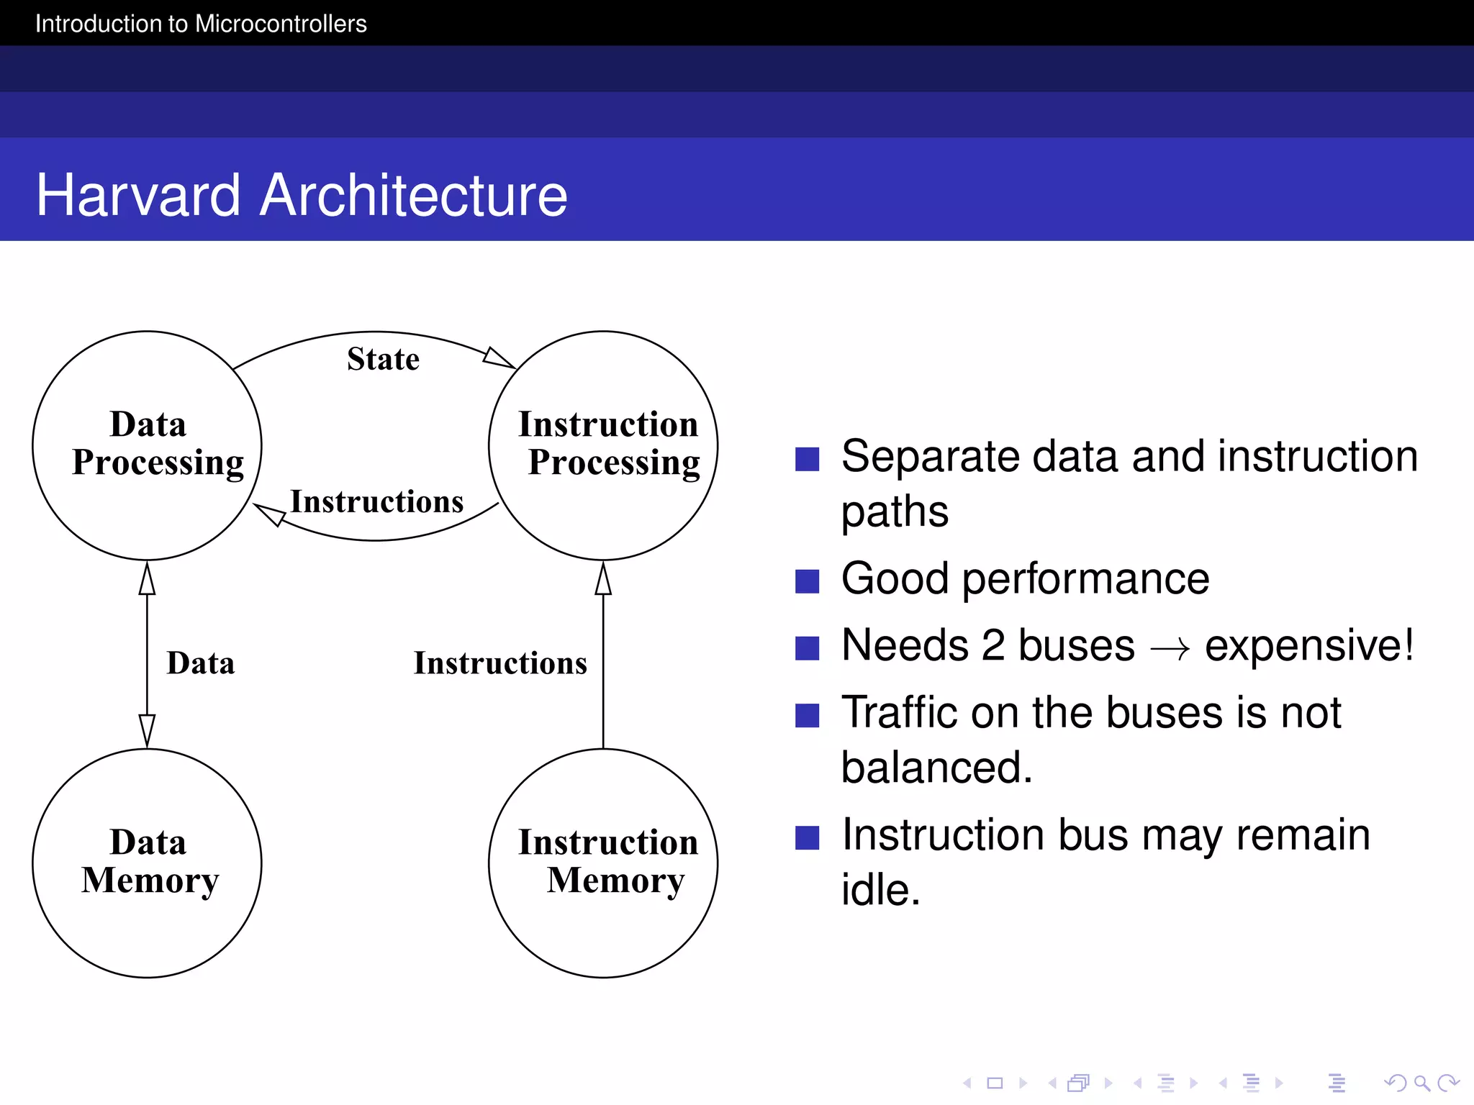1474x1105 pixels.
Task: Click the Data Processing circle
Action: pyautogui.click(x=148, y=445)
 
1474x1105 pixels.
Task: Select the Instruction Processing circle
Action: pyautogui.click(x=603, y=445)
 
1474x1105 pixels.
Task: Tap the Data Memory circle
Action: pyautogui.click(x=148, y=863)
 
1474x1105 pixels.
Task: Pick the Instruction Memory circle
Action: pyautogui.click(x=603, y=863)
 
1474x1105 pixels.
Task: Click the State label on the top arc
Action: pyautogui.click(x=383, y=359)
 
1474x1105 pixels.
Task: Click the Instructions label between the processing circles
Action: pyautogui.click(x=376, y=501)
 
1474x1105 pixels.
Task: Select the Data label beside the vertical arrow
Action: pyautogui.click(x=200, y=663)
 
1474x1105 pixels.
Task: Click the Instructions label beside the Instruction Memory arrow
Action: pyautogui.click(x=500, y=663)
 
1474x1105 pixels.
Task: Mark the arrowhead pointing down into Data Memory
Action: pyautogui.click(x=147, y=730)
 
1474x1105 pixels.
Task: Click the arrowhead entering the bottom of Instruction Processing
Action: pyautogui.click(x=603, y=579)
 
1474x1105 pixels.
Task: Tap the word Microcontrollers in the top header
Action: pyautogui.click(x=281, y=24)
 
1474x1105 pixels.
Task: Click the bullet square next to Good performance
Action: pyautogui.click(x=807, y=581)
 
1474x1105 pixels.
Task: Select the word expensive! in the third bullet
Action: pyautogui.click(x=1309, y=645)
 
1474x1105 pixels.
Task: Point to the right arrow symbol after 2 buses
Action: pyautogui.click(x=1170, y=648)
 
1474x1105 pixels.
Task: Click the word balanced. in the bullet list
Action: pyautogui.click(x=936, y=767)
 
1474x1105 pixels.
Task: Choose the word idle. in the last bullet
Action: pyautogui.click(x=880, y=890)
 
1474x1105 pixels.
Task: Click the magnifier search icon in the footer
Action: pyautogui.click(x=1421, y=1083)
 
